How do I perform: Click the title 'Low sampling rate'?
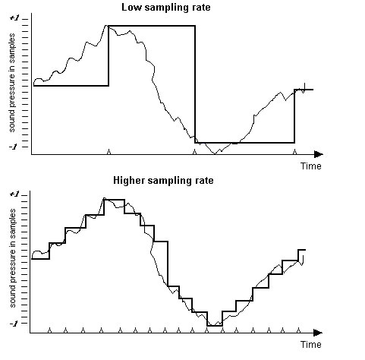166,7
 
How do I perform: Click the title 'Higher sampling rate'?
163,181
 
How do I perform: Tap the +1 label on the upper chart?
14,18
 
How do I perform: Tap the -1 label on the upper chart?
14,147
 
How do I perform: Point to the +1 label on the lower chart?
14,194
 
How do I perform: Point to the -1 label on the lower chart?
14,324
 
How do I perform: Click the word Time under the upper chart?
311,166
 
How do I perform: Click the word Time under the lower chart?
311,345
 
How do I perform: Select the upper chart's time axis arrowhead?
319,154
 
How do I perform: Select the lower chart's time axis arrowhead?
318,333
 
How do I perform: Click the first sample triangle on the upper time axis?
109,152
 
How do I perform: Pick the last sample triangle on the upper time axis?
294,152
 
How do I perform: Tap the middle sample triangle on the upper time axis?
194,152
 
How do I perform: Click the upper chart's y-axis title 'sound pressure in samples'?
12,83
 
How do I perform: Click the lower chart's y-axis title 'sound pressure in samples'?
12,258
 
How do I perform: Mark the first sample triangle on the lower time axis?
49,330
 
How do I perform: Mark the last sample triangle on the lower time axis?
299,330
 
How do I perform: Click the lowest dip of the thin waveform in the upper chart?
215,153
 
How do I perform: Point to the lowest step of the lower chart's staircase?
215,326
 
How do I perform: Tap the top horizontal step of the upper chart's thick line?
152,26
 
